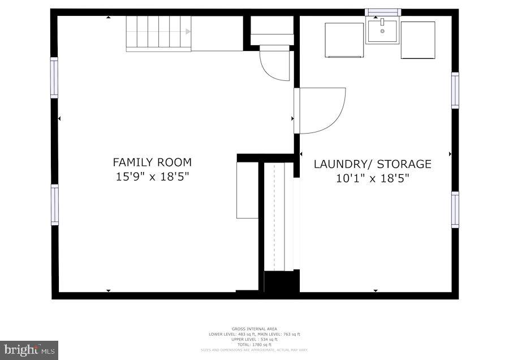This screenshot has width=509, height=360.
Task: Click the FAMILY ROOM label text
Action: [x=152, y=162]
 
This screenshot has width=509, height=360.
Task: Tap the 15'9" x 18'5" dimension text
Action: [x=152, y=177]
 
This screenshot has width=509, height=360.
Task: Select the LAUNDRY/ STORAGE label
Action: [x=372, y=164]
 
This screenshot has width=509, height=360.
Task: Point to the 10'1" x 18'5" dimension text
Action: [x=372, y=178]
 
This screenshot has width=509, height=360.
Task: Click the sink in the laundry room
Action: [x=383, y=31]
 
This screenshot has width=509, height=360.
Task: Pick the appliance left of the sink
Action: [x=344, y=40]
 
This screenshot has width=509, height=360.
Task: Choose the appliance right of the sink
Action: [x=418, y=40]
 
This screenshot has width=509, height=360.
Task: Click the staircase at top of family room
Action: [x=158, y=33]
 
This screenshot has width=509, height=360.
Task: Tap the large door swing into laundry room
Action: [x=321, y=110]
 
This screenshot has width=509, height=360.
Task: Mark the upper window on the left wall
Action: [x=54, y=78]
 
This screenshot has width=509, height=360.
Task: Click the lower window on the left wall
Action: [x=54, y=205]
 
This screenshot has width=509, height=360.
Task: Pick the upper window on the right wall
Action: [x=455, y=91]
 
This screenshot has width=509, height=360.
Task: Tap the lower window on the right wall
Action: [x=455, y=209]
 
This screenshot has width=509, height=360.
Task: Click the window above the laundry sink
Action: [x=383, y=12]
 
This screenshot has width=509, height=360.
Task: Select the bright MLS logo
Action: [x=29, y=350]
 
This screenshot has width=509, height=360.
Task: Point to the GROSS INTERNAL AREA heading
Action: [x=254, y=329]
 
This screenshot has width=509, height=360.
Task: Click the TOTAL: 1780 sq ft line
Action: [x=254, y=345]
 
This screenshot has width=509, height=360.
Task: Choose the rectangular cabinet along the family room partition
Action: [x=247, y=190]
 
